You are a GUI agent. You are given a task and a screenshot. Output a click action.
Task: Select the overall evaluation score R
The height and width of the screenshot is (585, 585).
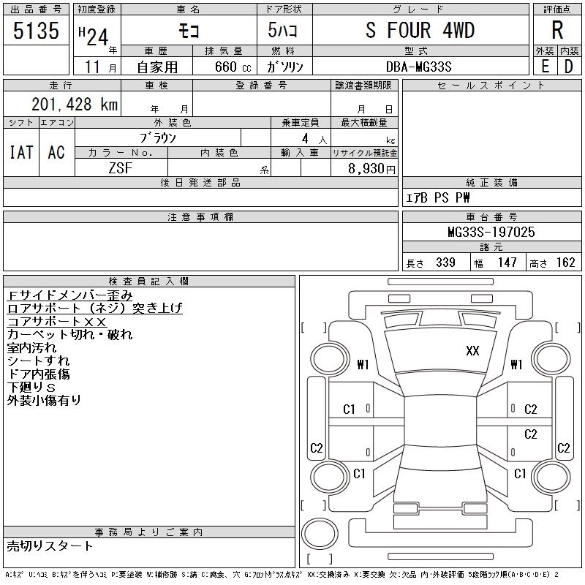557,31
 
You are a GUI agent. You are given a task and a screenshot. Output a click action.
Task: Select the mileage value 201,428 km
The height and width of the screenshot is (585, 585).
74,105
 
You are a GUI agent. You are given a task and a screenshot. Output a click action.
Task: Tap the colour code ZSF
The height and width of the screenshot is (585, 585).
121,167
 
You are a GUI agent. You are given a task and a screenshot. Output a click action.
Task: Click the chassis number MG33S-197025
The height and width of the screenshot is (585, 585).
491,233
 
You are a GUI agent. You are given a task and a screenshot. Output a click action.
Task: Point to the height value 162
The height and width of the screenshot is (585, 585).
565,263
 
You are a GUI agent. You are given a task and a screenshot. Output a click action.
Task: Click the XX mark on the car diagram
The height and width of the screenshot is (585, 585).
472,351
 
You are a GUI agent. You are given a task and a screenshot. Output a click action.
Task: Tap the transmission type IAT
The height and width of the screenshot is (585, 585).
21,152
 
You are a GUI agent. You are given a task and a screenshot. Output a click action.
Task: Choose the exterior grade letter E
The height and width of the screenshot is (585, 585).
545,66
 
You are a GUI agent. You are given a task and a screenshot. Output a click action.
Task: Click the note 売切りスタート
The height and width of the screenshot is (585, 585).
50,546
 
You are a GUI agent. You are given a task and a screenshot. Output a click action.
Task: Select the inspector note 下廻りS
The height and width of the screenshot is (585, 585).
31,387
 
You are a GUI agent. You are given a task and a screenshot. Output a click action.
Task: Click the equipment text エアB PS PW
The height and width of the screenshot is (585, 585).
438,197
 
